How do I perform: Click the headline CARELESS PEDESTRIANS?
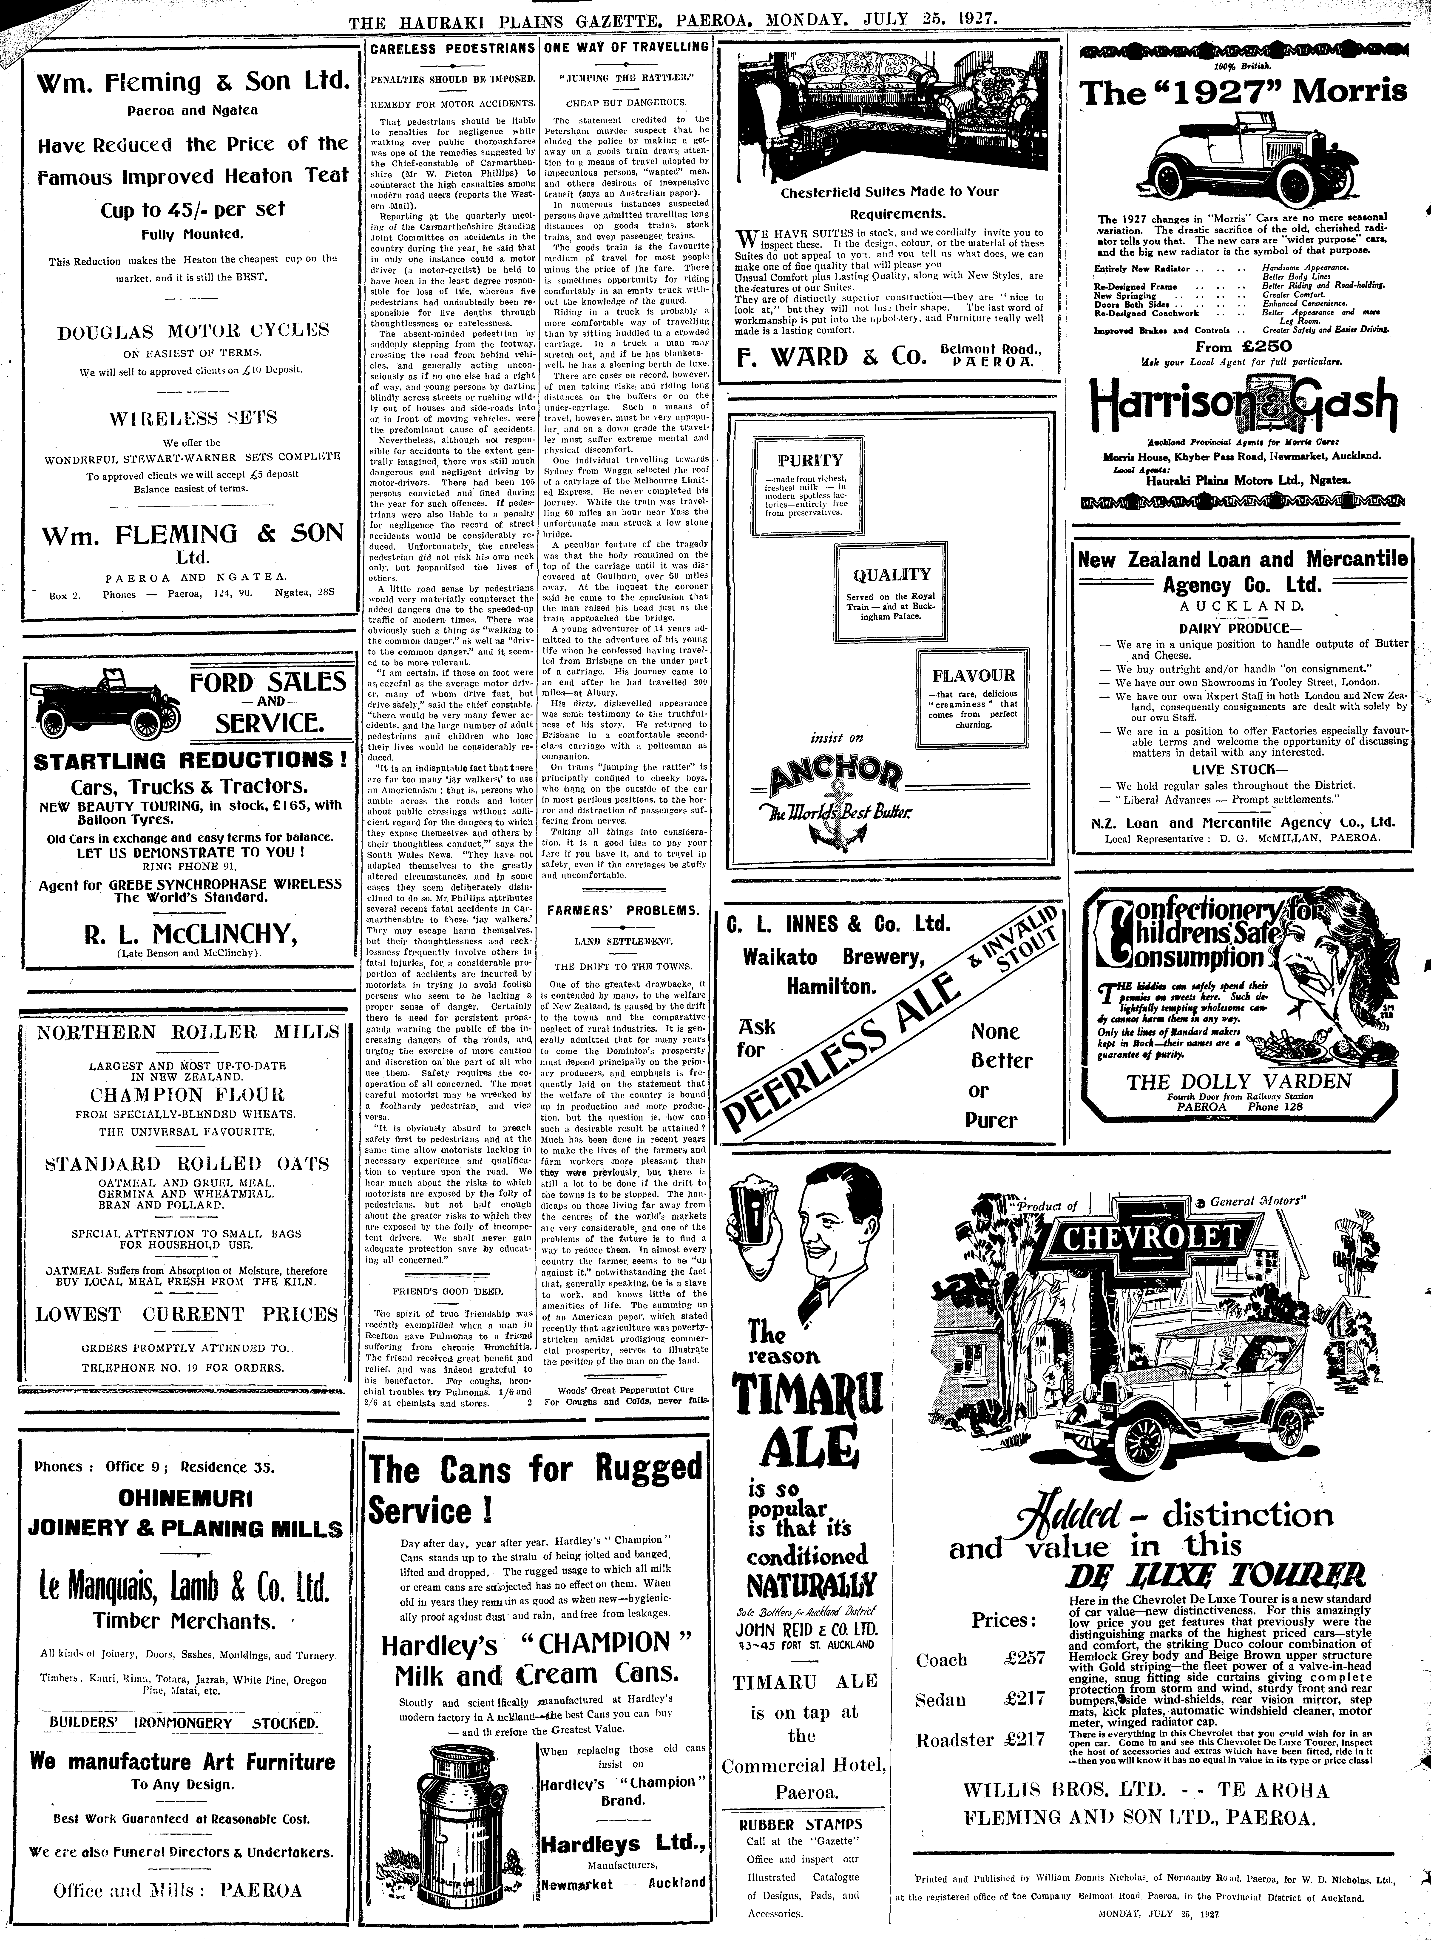click(452, 49)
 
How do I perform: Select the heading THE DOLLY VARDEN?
click(1239, 1081)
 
